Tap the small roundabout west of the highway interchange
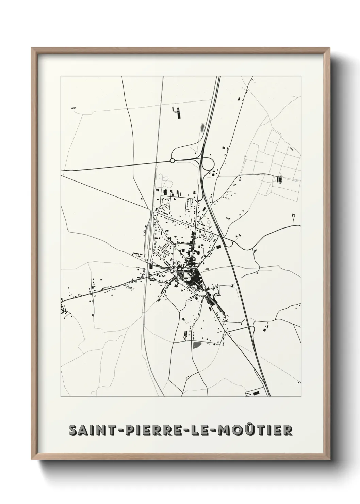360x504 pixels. click(172, 160)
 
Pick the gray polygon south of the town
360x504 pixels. click(196, 345)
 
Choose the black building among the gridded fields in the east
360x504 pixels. click(280, 179)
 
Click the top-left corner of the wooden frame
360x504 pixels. click(32, 48)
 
